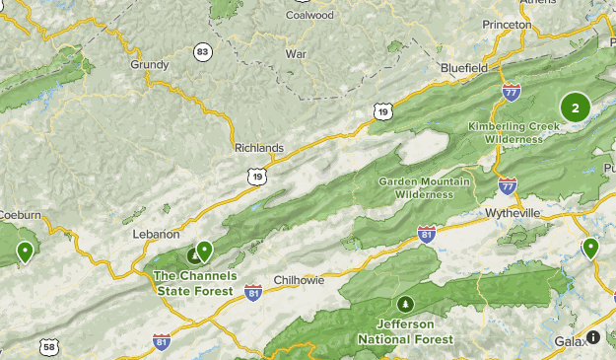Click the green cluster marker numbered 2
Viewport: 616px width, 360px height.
(575, 108)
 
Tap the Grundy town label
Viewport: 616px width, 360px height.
(150, 64)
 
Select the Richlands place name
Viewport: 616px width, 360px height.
(259, 148)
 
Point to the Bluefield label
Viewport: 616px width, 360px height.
(464, 67)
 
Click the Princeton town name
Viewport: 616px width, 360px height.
(508, 23)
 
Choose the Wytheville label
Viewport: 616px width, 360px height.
(513, 212)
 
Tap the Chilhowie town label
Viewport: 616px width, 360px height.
(299, 280)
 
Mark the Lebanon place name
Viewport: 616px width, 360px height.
(156, 234)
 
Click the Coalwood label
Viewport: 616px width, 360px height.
(309, 15)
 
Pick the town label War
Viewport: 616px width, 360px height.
(296, 53)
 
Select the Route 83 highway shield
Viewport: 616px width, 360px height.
(203, 51)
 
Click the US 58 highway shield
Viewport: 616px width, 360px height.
(49, 347)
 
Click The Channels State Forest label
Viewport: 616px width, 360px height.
(193, 283)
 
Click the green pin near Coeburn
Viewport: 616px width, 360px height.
(24, 252)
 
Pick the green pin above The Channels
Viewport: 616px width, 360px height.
(204, 250)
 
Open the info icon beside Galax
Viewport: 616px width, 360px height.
(593, 337)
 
